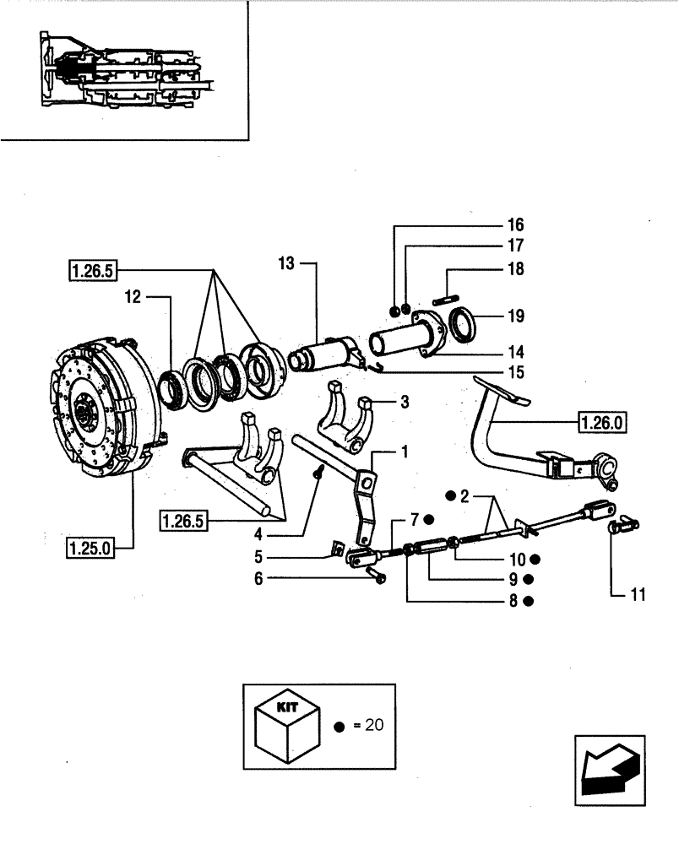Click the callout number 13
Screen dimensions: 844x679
(287, 264)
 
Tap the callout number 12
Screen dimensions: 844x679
(131, 296)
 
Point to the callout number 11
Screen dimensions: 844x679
(638, 594)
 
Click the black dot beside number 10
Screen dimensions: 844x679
(535, 559)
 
